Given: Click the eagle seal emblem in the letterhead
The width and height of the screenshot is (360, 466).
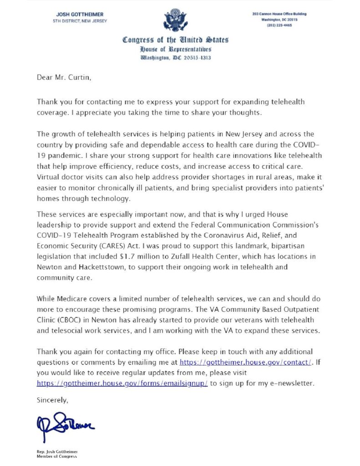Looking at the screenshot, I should [175, 20].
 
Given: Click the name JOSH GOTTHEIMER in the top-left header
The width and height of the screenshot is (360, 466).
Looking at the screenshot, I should [80, 14].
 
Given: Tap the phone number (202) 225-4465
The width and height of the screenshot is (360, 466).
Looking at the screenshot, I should [279, 25].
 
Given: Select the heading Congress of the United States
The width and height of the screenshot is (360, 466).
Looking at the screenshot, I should [175, 40].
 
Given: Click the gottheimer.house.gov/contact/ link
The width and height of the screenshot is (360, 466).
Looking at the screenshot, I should [246, 362].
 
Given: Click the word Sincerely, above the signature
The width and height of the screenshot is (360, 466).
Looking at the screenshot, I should [52, 400].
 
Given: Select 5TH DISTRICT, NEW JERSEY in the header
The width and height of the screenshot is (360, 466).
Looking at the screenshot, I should [80, 20].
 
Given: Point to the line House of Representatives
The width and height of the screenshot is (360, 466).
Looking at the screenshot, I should [175, 49].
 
